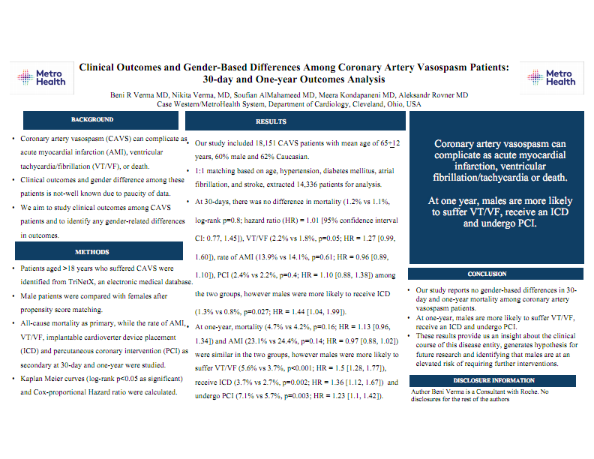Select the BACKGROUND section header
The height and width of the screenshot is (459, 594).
point(92,120)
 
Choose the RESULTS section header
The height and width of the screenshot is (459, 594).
point(271,121)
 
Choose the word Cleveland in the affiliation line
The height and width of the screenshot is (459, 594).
point(369,105)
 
